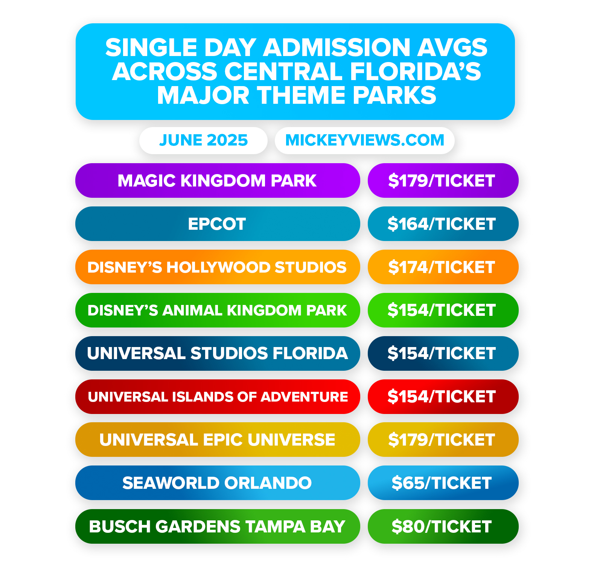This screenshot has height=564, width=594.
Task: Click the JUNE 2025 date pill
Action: point(203,140)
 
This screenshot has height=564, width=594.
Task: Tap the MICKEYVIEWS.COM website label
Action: point(364,140)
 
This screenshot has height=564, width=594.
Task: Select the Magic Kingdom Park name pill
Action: point(217,180)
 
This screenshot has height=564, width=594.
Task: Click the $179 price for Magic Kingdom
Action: point(443,180)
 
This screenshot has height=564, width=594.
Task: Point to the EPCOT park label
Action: point(217,224)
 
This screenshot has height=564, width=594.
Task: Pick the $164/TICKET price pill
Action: point(443,224)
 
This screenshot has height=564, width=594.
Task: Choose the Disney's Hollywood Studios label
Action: point(217,267)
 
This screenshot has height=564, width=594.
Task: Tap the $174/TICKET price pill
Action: point(443,267)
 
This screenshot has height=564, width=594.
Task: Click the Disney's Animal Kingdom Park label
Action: point(217,310)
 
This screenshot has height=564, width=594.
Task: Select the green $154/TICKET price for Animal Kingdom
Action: point(443,310)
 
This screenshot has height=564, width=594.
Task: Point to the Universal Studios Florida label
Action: point(217,353)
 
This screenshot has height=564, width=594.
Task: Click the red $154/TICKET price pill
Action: point(443,397)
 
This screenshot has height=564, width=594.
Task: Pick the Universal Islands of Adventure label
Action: point(217,397)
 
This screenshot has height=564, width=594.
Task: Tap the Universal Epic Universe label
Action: point(217,440)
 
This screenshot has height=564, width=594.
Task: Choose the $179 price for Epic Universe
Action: point(443,440)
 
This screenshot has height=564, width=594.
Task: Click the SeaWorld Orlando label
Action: point(217,483)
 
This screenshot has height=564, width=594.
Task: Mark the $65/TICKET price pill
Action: point(443,483)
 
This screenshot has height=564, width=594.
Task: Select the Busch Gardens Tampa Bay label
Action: point(217,526)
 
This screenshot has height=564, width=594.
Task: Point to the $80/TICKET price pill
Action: point(443,526)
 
